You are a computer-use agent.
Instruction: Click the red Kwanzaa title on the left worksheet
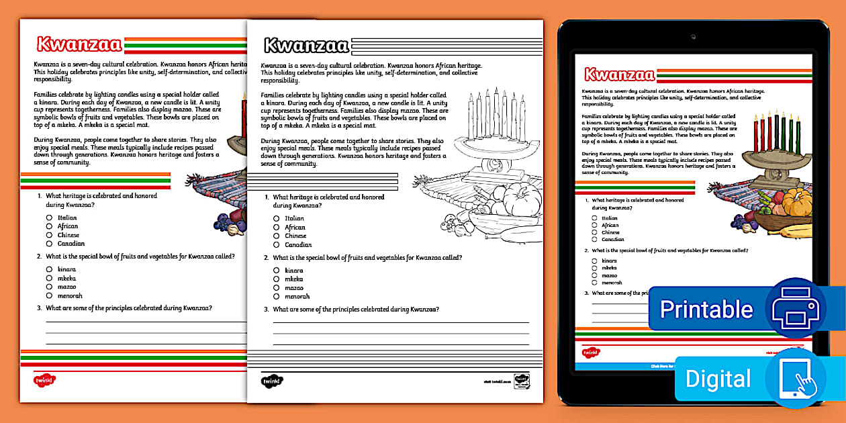[79, 44]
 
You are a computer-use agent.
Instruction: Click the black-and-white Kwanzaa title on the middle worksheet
[306, 45]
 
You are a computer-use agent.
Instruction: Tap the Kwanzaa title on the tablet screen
[619, 75]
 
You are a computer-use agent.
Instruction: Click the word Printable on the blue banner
[706, 309]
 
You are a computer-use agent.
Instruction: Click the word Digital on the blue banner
[718, 379]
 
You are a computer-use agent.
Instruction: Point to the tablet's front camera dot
[693, 36]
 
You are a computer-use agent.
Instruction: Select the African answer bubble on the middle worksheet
[276, 228]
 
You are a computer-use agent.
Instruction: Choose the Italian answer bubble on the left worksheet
[49, 218]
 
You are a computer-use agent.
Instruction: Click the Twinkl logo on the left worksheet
[44, 380]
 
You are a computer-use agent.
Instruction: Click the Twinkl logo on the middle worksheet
[271, 380]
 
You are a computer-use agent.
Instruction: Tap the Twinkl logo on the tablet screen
[590, 352]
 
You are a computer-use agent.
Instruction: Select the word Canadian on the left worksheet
[71, 244]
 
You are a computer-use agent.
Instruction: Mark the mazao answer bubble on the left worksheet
[49, 287]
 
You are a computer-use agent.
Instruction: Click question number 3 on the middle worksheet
[267, 310]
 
